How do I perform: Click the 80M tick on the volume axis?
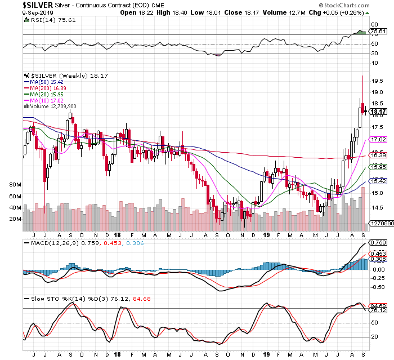pos(15,184)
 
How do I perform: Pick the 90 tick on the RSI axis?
pos(373,25)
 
